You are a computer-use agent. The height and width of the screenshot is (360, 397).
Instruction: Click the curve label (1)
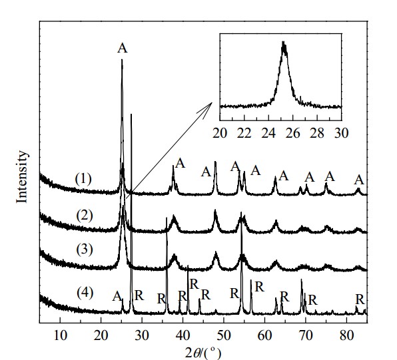(83, 179)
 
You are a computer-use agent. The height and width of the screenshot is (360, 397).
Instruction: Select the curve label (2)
(85, 216)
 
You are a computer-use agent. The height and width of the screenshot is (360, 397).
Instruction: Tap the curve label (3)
(85, 250)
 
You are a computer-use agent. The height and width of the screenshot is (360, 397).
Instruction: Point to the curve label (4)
(85, 293)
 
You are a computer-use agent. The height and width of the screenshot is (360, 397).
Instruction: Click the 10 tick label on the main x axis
(60, 336)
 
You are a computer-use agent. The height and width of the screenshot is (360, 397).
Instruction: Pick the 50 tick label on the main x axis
(224, 336)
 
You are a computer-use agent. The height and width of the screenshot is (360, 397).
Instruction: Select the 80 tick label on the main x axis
(346, 336)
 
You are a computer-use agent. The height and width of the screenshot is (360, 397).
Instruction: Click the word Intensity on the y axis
(22, 176)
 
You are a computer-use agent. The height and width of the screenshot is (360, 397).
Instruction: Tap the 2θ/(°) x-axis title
(203, 353)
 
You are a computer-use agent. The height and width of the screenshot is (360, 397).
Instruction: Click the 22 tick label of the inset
(244, 133)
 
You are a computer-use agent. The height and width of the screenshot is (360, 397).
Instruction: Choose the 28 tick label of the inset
(317, 133)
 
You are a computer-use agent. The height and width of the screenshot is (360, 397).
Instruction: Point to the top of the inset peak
(283, 42)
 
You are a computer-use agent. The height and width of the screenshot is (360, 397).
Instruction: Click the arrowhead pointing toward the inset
(209, 106)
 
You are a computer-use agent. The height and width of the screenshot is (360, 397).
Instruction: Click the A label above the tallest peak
(123, 48)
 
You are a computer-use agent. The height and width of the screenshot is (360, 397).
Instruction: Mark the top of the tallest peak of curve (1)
(122, 60)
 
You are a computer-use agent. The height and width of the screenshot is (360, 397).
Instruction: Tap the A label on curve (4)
(117, 296)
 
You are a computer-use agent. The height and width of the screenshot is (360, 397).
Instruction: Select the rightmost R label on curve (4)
(360, 299)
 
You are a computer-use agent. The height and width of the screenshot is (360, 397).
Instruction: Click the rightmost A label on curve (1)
(359, 180)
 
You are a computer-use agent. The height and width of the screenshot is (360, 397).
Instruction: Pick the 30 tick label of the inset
(342, 133)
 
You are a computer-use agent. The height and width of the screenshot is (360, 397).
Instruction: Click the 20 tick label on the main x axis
(101, 336)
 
